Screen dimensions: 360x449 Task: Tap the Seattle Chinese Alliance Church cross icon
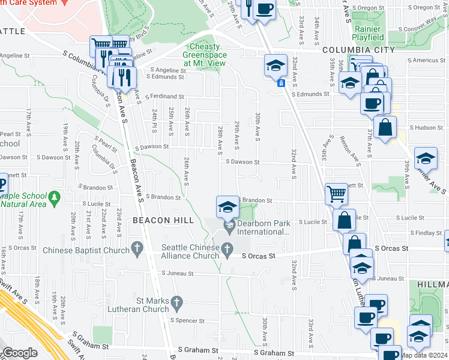point(227,248)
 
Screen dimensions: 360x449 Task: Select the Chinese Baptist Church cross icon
point(137,247)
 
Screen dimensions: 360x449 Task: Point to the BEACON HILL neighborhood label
point(163,220)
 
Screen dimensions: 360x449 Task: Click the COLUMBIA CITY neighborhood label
point(358,50)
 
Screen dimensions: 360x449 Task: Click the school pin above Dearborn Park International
point(228,207)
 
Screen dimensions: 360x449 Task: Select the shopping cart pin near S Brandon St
point(337,194)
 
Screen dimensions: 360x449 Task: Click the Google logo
point(20,353)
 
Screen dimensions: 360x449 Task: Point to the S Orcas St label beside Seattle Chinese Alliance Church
point(258,256)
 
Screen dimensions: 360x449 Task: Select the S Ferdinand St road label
point(159,96)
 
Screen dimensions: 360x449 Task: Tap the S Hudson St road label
point(426,128)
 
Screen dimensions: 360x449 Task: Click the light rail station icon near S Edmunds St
point(280,83)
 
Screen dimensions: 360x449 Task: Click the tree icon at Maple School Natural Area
point(55,196)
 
